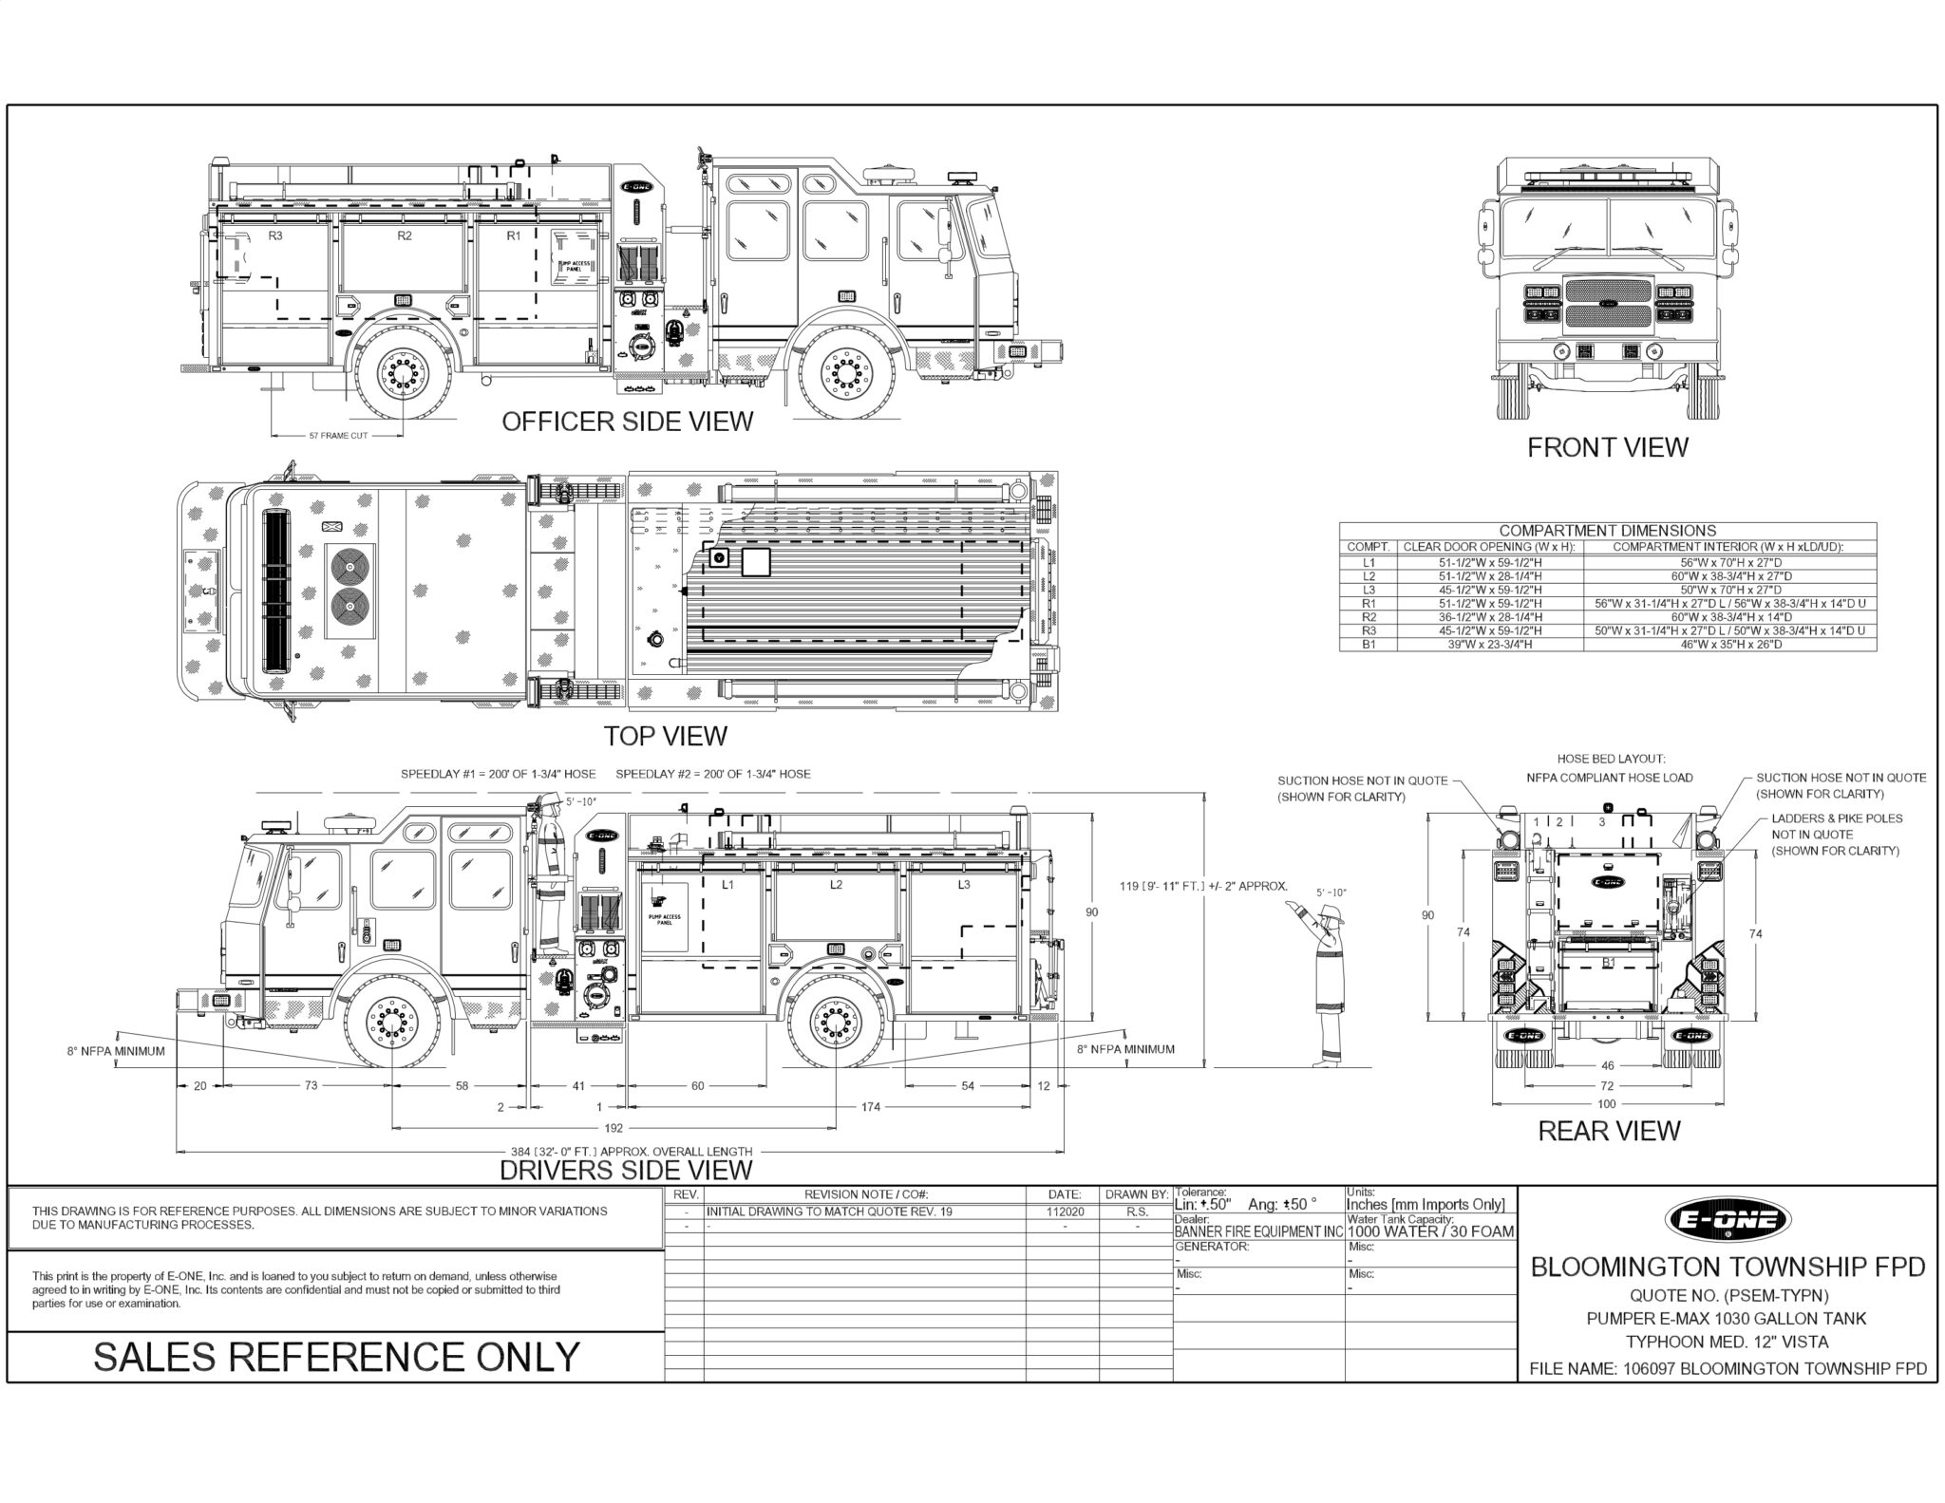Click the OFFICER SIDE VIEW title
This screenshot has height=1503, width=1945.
pyautogui.click(x=627, y=422)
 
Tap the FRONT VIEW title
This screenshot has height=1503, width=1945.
pyautogui.click(x=1607, y=447)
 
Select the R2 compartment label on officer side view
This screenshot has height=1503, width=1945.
pyautogui.click(x=405, y=235)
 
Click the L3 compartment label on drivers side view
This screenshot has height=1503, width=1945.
pyautogui.click(x=964, y=885)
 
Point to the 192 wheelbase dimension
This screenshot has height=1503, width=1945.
pyautogui.click(x=614, y=1129)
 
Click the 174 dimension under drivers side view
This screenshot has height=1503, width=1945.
pyautogui.click(x=871, y=1107)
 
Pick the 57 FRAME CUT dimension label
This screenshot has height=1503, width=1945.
pyautogui.click(x=338, y=436)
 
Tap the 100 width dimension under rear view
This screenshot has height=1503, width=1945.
pyautogui.click(x=1606, y=1104)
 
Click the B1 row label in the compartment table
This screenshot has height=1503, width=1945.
pyautogui.click(x=1368, y=645)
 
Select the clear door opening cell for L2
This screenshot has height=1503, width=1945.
pyautogui.click(x=1488, y=576)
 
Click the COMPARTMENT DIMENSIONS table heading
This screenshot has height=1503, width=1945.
pyautogui.click(x=1607, y=531)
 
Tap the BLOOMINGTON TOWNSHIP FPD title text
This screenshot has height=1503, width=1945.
pyautogui.click(x=1728, y=1268)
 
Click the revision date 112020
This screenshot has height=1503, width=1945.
pyautogui.click(x=1064, y=1212)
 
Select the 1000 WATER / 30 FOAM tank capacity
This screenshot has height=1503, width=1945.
pyautogui.click(x=1430, y=1232)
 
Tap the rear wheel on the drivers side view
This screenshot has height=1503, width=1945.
pyautogui.click(x=836, y=1024)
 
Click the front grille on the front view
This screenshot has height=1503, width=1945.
pyautogui.click(x=1607, y=304)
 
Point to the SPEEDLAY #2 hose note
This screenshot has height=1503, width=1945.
pyautogui.click(x=712, y=774)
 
